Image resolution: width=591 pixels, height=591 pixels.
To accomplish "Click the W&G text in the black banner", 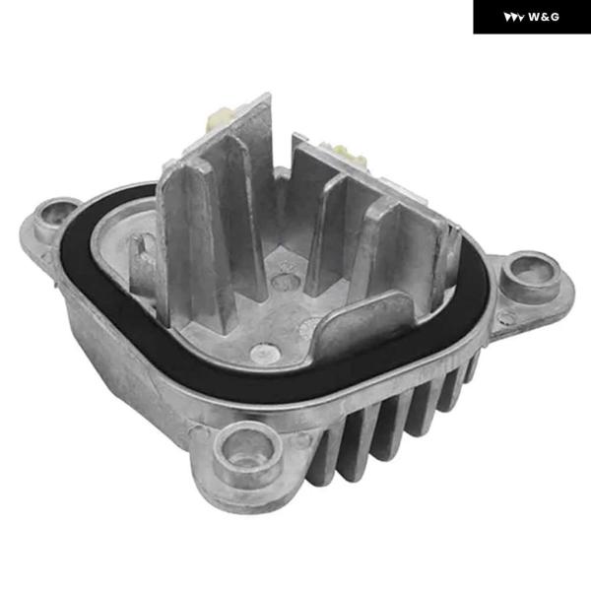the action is click(544, 17).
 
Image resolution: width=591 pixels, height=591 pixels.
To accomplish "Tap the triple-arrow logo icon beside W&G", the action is click(514, 17).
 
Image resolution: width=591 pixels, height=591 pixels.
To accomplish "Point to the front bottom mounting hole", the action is click(248, 453).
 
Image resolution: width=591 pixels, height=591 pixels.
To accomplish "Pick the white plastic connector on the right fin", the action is click(348, 154).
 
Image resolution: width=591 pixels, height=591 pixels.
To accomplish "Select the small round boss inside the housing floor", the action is click(265, 353).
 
